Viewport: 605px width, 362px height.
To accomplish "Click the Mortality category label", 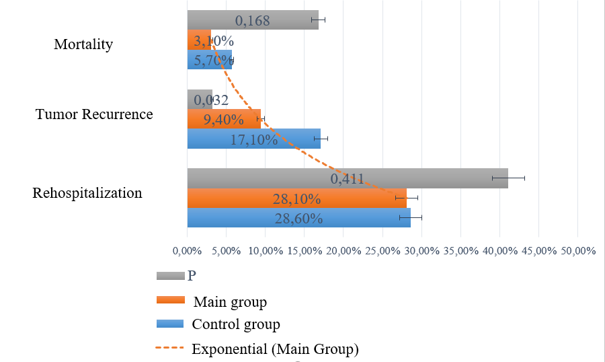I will pos(83,45).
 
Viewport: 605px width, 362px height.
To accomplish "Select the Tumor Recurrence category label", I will pos(94,114).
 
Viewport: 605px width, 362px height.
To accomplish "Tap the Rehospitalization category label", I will pos(87,193).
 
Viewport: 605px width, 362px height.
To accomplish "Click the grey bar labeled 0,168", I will pos(252,20).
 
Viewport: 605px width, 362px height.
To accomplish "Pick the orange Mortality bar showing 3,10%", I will pos(199,40).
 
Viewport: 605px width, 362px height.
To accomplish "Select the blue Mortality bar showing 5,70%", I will pos(209,60).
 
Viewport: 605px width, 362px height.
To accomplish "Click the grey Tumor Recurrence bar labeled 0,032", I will pos(200,100).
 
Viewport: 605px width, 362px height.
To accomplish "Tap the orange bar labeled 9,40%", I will pos(223,120).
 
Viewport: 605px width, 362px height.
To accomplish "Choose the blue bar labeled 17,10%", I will pos(253,139).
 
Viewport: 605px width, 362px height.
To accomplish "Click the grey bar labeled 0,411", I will pos(347,178).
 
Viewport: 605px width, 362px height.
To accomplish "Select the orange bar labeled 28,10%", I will pos(296,198).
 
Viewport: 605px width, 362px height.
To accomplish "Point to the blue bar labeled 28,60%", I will pos(298,218).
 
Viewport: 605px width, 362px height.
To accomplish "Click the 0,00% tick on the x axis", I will pos(187,251).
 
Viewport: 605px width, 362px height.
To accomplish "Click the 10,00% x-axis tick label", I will pos(266,251).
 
